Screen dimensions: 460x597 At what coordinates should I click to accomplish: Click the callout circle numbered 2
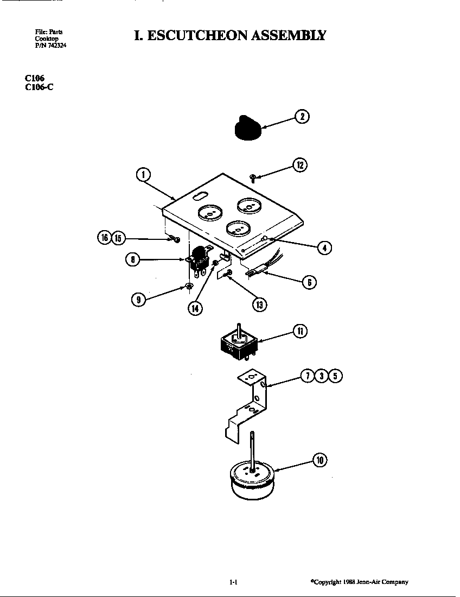[302, 117]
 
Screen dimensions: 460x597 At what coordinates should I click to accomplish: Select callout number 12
[300, 165]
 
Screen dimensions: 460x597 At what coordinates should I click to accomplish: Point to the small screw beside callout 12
[252, 177]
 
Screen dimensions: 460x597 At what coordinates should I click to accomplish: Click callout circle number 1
[143, 175]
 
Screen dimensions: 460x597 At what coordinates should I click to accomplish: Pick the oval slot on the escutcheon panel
[200, 196]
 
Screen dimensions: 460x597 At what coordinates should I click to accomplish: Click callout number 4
[324, 248]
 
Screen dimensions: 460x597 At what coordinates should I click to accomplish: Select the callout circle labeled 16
[104, 238]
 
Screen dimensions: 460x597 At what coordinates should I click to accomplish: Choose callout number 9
[138, 300]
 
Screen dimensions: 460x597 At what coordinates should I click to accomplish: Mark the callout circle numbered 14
[195, 308]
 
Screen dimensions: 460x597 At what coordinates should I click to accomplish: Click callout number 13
[260, 304]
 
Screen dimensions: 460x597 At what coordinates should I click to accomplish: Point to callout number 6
[309, 282]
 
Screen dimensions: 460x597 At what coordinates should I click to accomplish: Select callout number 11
[300, 331]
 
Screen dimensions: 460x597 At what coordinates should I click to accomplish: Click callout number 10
[320, 460]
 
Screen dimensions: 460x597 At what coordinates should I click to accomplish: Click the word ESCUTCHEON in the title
[197, 35]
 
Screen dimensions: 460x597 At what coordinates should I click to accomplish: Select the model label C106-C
[39, 87]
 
